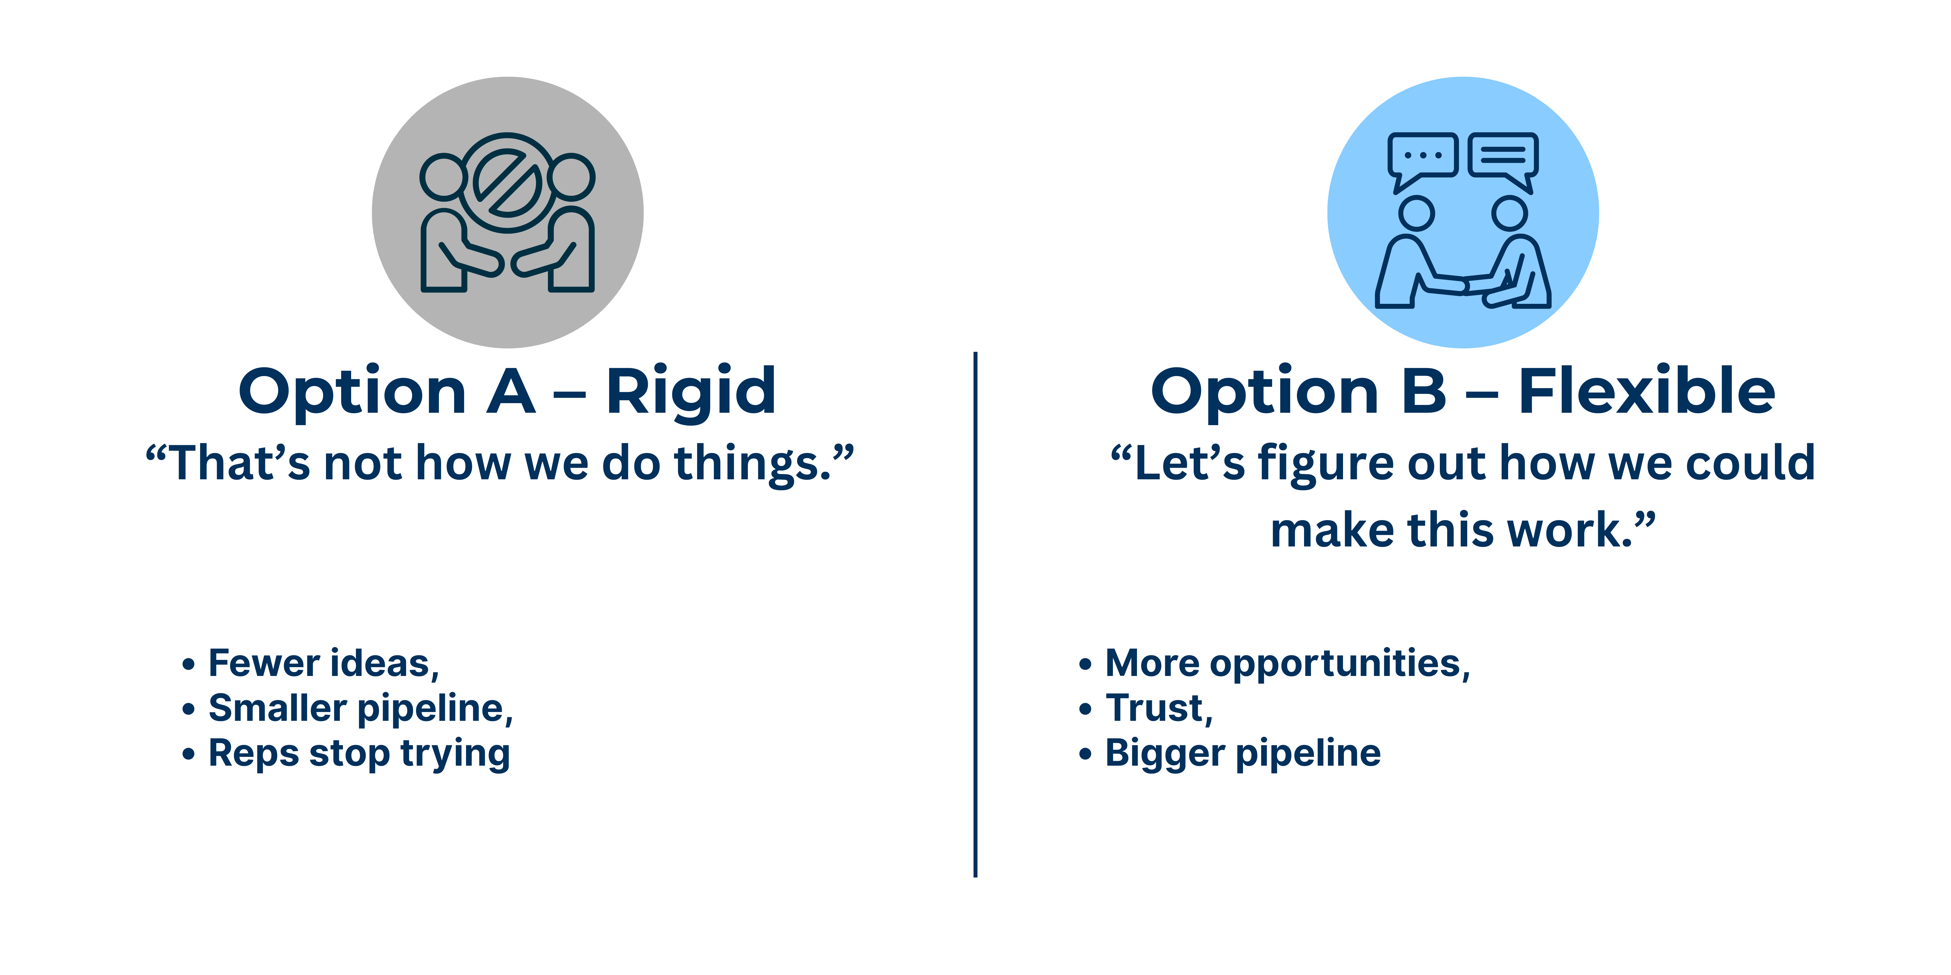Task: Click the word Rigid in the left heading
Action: (691, 392)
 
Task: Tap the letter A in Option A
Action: (510, 392)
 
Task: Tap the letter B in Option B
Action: (1424, 392)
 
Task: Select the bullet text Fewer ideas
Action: (323, 664)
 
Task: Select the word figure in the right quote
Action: (1326, 463)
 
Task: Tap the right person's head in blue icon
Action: (1510, 214)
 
